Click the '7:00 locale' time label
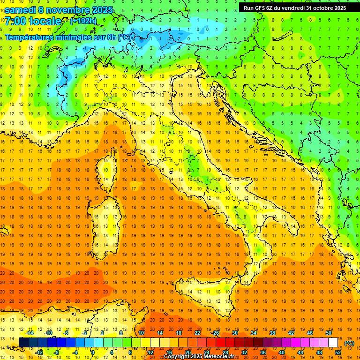click(33, 21)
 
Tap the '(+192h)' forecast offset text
click(83, 21)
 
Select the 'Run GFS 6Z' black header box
click(295, 7)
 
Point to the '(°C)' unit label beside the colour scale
click(349, 343)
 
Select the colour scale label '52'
click(338, 352)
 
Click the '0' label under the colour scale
click(92, 352)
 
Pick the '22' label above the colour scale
click(197, 333)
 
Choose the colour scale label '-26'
click(215, 333)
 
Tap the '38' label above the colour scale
click(272, 333)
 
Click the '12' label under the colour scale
click(150, 352)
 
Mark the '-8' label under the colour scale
click(56, 352)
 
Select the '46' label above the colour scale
click(310, 333)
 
